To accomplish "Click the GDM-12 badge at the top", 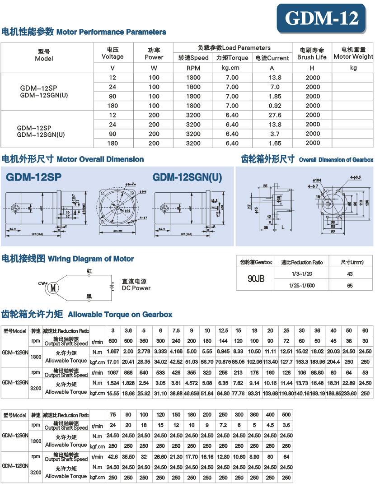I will coord(322,19).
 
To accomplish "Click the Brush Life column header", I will coord(312,53).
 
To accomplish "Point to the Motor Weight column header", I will coord(353,53).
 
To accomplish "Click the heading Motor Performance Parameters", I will coord(84,32).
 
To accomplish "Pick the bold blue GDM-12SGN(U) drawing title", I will coord(187,177).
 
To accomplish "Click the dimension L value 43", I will coord(350,274).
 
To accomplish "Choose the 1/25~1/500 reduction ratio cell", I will coord(302,285).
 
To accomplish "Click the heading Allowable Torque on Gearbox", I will coord(87,314).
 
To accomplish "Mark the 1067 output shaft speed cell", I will coord(112,372).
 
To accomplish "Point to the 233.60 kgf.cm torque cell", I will coord(349,394).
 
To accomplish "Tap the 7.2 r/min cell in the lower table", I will coord(223,425).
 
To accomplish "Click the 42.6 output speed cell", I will coord(112,457).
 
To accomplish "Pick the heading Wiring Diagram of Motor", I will coord(68,259).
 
